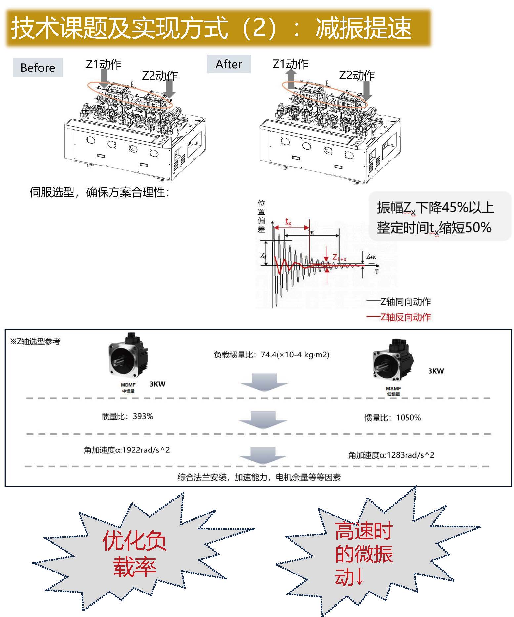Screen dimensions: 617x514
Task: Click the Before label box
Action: (x=38, y=68)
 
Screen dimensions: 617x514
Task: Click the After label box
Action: (x=229, y=64)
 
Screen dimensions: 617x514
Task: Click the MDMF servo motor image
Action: (x=128, y=356)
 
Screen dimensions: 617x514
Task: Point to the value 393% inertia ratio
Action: (x=143, y=416)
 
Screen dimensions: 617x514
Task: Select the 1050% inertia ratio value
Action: (x=408, y=418)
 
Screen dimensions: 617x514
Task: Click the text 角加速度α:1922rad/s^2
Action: (x=127, y=450)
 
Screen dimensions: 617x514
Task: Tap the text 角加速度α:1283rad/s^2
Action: (x=391, y=455)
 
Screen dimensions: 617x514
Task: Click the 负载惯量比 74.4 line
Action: (x=271, y=355)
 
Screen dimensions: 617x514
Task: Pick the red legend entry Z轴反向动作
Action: (x=399, y=317)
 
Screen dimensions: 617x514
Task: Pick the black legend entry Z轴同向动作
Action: (x=399, y=302)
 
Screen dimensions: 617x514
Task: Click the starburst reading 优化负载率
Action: (x=134, y=553)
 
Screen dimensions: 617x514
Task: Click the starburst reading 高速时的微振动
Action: (x=364, y=553)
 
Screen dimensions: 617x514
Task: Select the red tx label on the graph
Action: (x=288, y=221)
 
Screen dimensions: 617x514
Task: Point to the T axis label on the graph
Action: (x=376, y=272)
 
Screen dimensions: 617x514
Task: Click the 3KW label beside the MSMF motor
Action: (x=436, y=371)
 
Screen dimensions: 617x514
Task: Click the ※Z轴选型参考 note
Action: (x=35, y=341)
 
